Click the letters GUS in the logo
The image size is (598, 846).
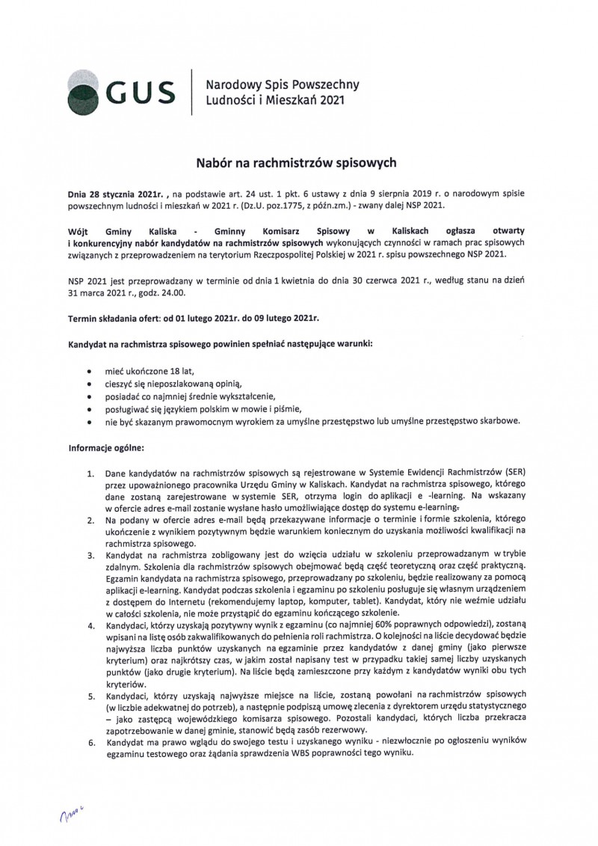pos(141,92)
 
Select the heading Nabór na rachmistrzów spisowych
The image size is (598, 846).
pos(299,161)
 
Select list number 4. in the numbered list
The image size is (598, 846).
pos(90,625)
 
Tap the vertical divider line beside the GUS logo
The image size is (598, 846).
pos(193,92)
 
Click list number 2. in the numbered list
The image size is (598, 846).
pos(90,520)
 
